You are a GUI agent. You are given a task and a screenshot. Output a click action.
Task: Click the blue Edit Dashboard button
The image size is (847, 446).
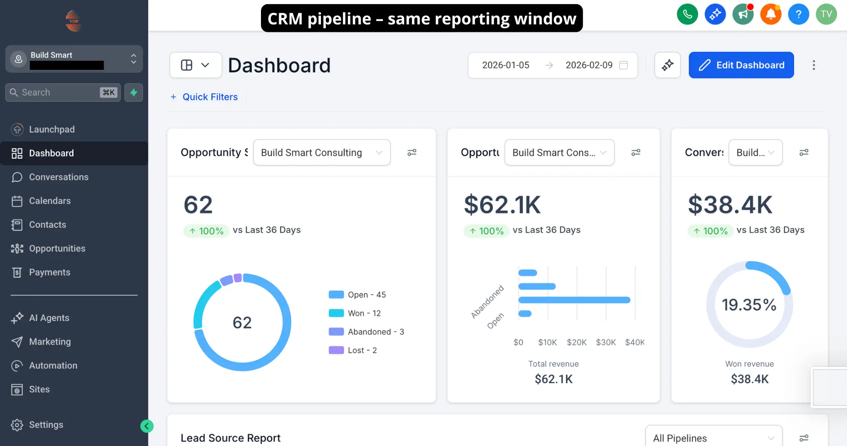click(x=741, y=65)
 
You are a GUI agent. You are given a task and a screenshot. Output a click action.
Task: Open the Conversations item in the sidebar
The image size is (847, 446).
click(x=58, y=177)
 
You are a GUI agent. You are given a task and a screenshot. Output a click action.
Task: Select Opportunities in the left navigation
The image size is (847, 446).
click(x=57, y=248)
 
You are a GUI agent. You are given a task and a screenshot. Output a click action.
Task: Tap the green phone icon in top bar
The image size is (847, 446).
click(x=687, y=14)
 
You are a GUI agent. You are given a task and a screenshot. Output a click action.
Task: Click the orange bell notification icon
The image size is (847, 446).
click(x=770, y=14)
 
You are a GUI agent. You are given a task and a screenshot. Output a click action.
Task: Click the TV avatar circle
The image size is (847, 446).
click(x=826, y=14)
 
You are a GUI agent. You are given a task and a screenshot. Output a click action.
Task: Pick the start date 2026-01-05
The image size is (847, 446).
click(x=505, y=65)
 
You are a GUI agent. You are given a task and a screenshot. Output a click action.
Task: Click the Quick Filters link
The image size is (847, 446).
click(x=210, y=97)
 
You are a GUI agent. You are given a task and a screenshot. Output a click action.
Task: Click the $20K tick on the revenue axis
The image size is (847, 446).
click(x=577, y=342)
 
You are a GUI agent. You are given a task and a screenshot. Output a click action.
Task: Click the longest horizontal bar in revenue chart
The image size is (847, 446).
click(x=574, y=300)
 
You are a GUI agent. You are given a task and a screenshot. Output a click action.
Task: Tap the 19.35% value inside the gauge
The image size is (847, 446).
click(x=749, y=305)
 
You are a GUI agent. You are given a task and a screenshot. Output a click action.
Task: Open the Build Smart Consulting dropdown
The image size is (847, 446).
click(x=321, y=153)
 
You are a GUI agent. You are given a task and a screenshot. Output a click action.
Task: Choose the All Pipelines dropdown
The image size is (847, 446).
click(x=713, y=438)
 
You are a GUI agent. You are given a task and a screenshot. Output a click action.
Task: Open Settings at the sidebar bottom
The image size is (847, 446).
click(x=45, y=425)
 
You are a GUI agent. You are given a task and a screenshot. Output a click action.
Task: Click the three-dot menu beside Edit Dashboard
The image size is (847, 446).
click(x=814, y=65)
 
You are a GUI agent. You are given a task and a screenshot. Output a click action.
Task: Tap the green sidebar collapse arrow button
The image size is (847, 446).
click(x=147, y=426)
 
